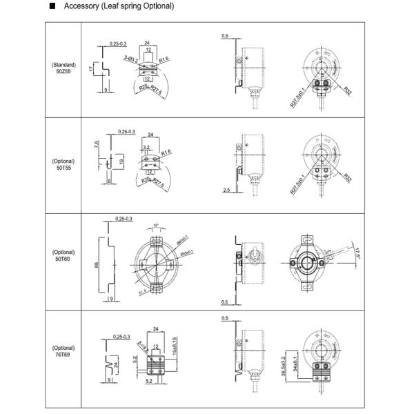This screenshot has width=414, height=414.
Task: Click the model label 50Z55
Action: [63, 71]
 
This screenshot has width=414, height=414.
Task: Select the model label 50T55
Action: [63, 168]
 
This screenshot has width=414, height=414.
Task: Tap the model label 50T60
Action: [63, 259]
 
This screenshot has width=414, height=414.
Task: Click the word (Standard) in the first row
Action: [63, 65]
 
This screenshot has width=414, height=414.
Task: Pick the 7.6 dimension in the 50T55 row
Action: [97, 146]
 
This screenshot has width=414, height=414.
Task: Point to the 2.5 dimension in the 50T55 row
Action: [226, 189]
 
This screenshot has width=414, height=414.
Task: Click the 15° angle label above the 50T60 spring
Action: [157, 226]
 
